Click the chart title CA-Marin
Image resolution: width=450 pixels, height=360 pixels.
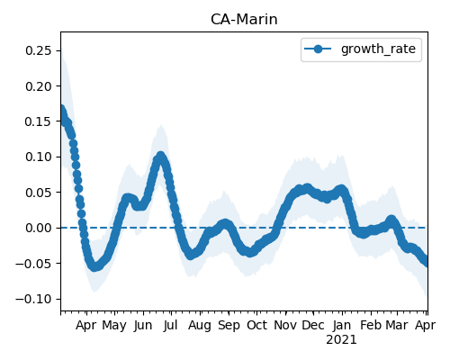tap(244, 20)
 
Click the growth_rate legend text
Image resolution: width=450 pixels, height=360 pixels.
tap(378, 49)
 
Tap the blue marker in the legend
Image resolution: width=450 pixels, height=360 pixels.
tap(318, 49)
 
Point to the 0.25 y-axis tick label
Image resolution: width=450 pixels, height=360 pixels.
tap(39, 50)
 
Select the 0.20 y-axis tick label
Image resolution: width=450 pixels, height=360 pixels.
tap(39, 86)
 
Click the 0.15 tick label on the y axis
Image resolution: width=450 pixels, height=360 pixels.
tap(39, 121)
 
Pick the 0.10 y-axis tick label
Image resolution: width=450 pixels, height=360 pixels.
tap(39, 157)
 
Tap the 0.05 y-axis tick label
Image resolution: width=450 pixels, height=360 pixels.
tap(39, 193)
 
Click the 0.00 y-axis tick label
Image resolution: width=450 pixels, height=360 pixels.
tap(39, 228)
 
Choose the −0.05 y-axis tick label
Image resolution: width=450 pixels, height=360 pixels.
tap(33, 264)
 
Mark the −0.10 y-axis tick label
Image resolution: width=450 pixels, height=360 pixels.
tap(33, 299)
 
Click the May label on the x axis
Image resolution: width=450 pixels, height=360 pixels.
tap(114, 326)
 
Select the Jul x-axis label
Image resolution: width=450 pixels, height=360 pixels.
tap(171, 326)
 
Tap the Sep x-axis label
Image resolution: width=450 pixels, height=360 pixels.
tap(229, 326)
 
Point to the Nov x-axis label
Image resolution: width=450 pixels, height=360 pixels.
tap(285, 326)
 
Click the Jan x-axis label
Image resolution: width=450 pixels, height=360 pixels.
tap(342, 326)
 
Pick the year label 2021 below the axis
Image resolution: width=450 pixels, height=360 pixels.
tap(341, 340)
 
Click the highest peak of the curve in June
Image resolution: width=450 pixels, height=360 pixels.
tap(161, 156)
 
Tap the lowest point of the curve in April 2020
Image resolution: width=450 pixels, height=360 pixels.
tap(94, 266)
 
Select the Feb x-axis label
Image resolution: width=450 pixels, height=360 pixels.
tap(371, 326)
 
